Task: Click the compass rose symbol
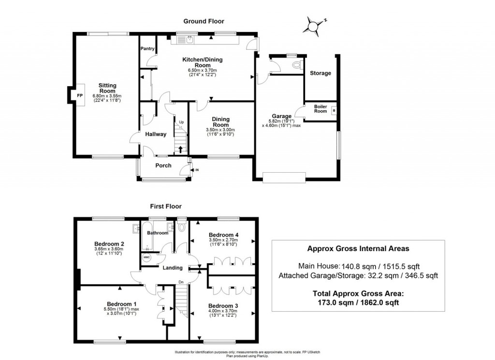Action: [313, 26]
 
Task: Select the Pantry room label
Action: [147, 49]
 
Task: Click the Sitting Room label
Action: [107, 88]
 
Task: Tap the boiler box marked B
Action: [334, 111]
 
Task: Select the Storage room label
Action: [320, 73]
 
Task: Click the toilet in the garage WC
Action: [296, 64]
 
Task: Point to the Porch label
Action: [163, 165]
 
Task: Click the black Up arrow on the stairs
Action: [181, 150]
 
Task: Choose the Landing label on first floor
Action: [172, 268]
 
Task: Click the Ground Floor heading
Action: [203, 21]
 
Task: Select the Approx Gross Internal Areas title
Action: [358, 249]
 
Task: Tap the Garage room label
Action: [281, 116]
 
